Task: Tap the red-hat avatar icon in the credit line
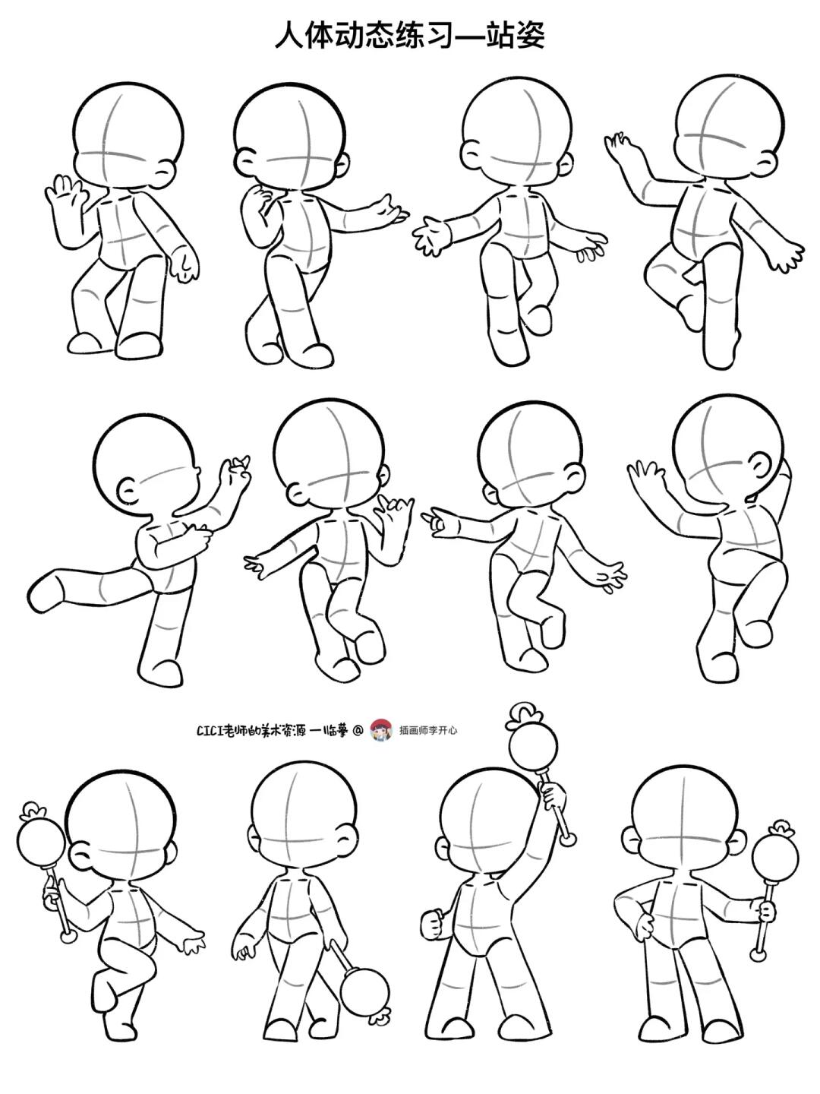tap(381, 730)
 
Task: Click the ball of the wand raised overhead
tap(528, 748)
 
